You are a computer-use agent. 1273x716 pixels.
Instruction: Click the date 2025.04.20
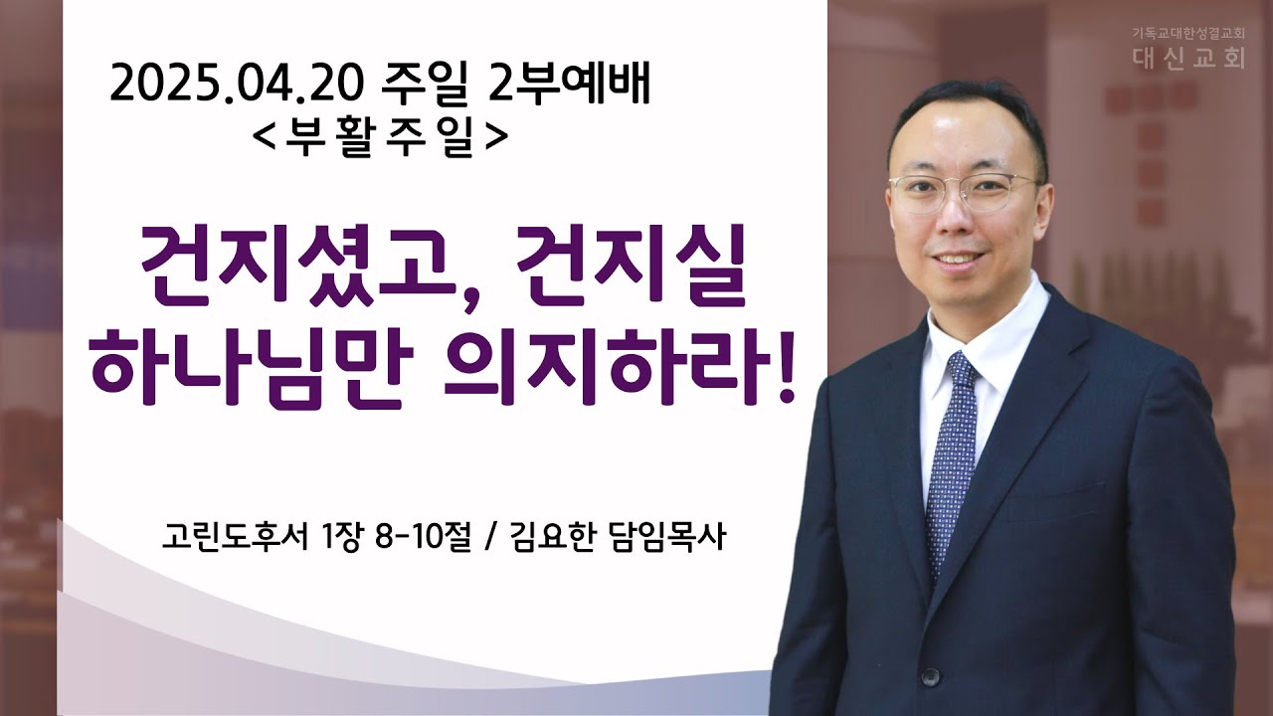point(237,86)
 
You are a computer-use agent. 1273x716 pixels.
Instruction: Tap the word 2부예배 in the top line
point(569,85)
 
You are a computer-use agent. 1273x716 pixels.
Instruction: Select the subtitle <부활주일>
point(379,137)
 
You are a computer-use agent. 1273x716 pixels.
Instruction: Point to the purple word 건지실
point(631,268)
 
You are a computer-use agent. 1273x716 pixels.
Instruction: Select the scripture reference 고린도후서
point(235,536)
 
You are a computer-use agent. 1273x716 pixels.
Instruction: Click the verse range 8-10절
point(423,536)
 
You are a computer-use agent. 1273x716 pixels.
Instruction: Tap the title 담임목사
point(666,536)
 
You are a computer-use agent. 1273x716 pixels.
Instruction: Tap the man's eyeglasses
point(964,192)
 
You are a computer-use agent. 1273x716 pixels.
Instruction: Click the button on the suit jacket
point(930,676)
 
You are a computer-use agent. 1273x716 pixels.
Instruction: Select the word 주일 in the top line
point(426,86)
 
